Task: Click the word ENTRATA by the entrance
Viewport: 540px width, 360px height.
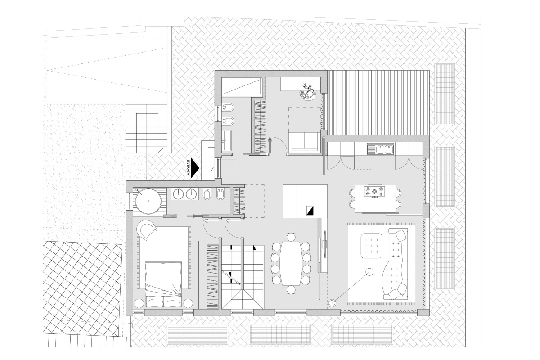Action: [x=188, y=167]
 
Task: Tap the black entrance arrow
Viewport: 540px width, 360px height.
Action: [x=194, y=168]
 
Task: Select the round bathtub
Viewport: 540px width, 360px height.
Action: [x=148, y=201]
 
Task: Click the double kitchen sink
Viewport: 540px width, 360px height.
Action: [x=381, y=149]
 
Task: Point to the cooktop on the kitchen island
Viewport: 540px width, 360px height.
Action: [x=374, y=192]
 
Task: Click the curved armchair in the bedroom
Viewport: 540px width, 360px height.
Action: [x=147, y=230]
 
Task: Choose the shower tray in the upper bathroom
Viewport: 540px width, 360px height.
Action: [x=242, y=87]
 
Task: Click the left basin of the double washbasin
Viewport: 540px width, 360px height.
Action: [x=178, y=193]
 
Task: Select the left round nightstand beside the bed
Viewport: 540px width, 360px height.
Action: [x=139, y=303]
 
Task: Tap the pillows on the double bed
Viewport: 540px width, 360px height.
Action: [x=163, y=301]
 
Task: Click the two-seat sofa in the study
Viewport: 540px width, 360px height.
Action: [x=305, y=142]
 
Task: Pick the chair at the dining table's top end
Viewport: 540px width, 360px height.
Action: [x=291, y=237]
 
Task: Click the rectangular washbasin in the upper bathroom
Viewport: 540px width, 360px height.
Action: [x=227, y=141]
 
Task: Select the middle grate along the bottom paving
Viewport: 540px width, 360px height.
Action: [x=280, y=334]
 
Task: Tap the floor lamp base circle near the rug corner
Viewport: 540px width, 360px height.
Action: [x=332, y=303]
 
